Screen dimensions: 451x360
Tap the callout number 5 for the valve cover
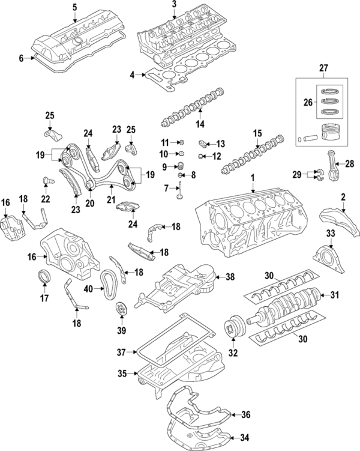point(74,7)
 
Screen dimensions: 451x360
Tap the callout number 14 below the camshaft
point(199,124)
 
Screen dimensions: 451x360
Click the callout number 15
point(257,133)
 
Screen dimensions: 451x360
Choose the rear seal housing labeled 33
point(327,255)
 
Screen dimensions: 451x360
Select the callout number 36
point(245,414)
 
